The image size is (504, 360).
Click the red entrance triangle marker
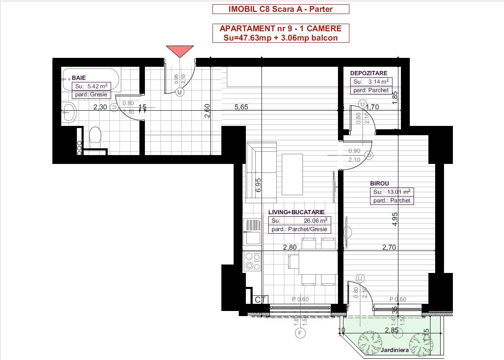(x=180, y=51)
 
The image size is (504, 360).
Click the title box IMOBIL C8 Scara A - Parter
(x=281, y=9)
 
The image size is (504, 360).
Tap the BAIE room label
(x=79, y=78)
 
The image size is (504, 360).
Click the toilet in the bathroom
(x=95, y=136)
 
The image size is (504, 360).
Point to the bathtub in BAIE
(x=91, y=79)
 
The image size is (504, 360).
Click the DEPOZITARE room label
(x=368, y=73)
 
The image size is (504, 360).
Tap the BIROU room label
(x=379, y=183)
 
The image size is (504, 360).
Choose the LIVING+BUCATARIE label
(x=296, y=212)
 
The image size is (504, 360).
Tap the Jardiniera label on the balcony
(x=394, y=350)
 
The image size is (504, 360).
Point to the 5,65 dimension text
(x=241, y=107)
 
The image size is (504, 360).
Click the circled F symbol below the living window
(x=300, y=333)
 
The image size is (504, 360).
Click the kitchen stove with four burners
(x=252, y=261)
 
